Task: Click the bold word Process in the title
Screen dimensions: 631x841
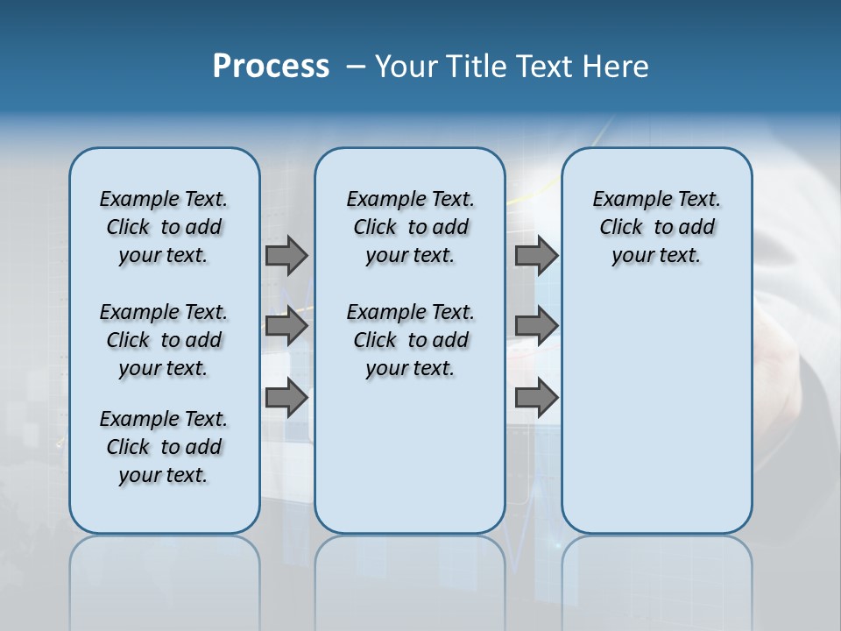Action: pos(271,67)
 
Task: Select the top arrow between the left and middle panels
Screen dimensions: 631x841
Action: pos(286,255)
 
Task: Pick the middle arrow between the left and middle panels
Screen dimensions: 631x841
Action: pos(286,327)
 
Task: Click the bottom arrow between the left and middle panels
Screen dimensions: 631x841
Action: pos(286,399)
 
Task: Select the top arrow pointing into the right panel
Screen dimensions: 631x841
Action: pos(536,255)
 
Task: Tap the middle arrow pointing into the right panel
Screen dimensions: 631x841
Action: pos(536,327)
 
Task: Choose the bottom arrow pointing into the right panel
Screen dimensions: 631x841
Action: pos(536,399)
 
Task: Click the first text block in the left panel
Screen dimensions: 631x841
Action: pos(164,227)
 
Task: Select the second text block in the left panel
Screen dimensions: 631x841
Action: pos(164,340)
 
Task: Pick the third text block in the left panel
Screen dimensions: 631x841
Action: pos(164,447)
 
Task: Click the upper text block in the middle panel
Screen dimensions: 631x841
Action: pos(410,227)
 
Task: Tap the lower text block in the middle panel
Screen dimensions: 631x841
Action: pos(410,340)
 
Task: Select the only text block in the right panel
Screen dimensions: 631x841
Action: pos(656,227)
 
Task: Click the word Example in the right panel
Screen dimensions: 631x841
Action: pos(625,200)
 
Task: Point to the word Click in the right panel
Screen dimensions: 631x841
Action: pos(621,228)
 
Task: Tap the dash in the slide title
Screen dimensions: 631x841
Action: pos(356,67)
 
